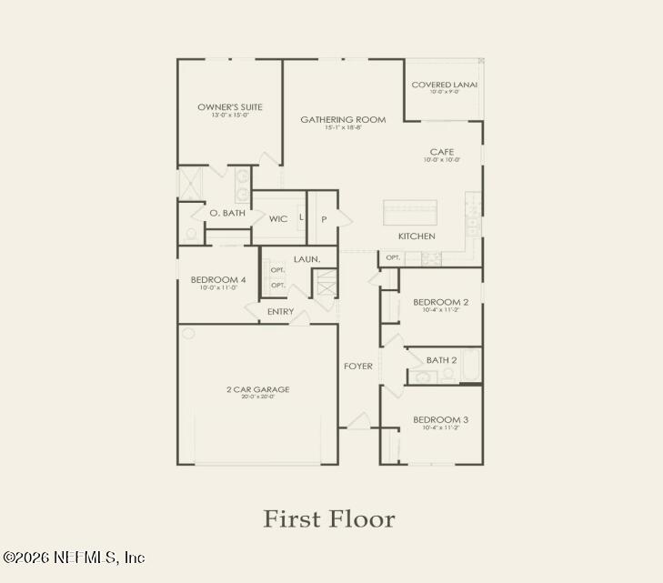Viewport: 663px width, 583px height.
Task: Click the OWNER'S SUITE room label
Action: click(x=229, y=107)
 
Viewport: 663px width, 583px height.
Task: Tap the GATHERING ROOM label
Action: click(x=343, y=119)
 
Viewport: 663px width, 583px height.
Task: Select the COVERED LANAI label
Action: click(x=444, y=85)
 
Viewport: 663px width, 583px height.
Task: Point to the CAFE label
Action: click(x=442, y=152)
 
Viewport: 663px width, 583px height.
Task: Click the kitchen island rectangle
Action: click(x=409, y=213)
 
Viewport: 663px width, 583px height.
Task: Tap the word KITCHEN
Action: click(x=417, y=236)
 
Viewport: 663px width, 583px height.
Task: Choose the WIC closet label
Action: click(x=278, y=219)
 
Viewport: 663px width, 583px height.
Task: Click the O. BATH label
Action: click(x=227, y=213)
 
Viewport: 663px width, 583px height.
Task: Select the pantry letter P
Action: click(x=324, y=219)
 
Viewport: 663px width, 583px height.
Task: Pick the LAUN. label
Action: click(x=306, y=259)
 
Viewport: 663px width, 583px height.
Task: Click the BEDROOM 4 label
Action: click(x=218, y=279)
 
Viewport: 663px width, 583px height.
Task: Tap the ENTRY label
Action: click(x=280, y=312)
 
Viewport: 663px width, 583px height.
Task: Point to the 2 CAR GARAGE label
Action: click(x=258, y=389)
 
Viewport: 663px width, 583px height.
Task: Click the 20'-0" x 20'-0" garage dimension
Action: click(x=258, y=397)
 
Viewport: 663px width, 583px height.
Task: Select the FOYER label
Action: click(x=357, y=367)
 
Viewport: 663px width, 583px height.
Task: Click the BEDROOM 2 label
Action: click(x=441, y=302)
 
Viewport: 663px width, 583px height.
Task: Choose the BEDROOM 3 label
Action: click(x=441, y=419)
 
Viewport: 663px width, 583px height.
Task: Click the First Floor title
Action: click(x=329, y=519)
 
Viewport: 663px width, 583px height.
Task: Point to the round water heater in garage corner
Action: click(x=188, y=334)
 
